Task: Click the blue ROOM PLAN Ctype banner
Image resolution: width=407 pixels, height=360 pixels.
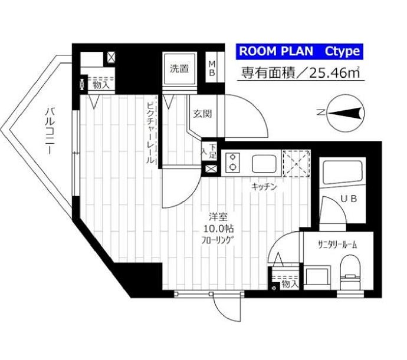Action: pos(298,51)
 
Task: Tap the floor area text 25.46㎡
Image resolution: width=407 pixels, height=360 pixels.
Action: pos(333,73)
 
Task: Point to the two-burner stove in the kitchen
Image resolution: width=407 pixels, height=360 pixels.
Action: pos(233,162)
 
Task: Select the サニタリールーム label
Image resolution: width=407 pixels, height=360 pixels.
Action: pos(337,243)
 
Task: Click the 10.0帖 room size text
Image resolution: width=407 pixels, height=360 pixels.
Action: pos(214,227)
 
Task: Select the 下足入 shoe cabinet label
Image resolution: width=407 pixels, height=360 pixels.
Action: pos(209,152)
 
